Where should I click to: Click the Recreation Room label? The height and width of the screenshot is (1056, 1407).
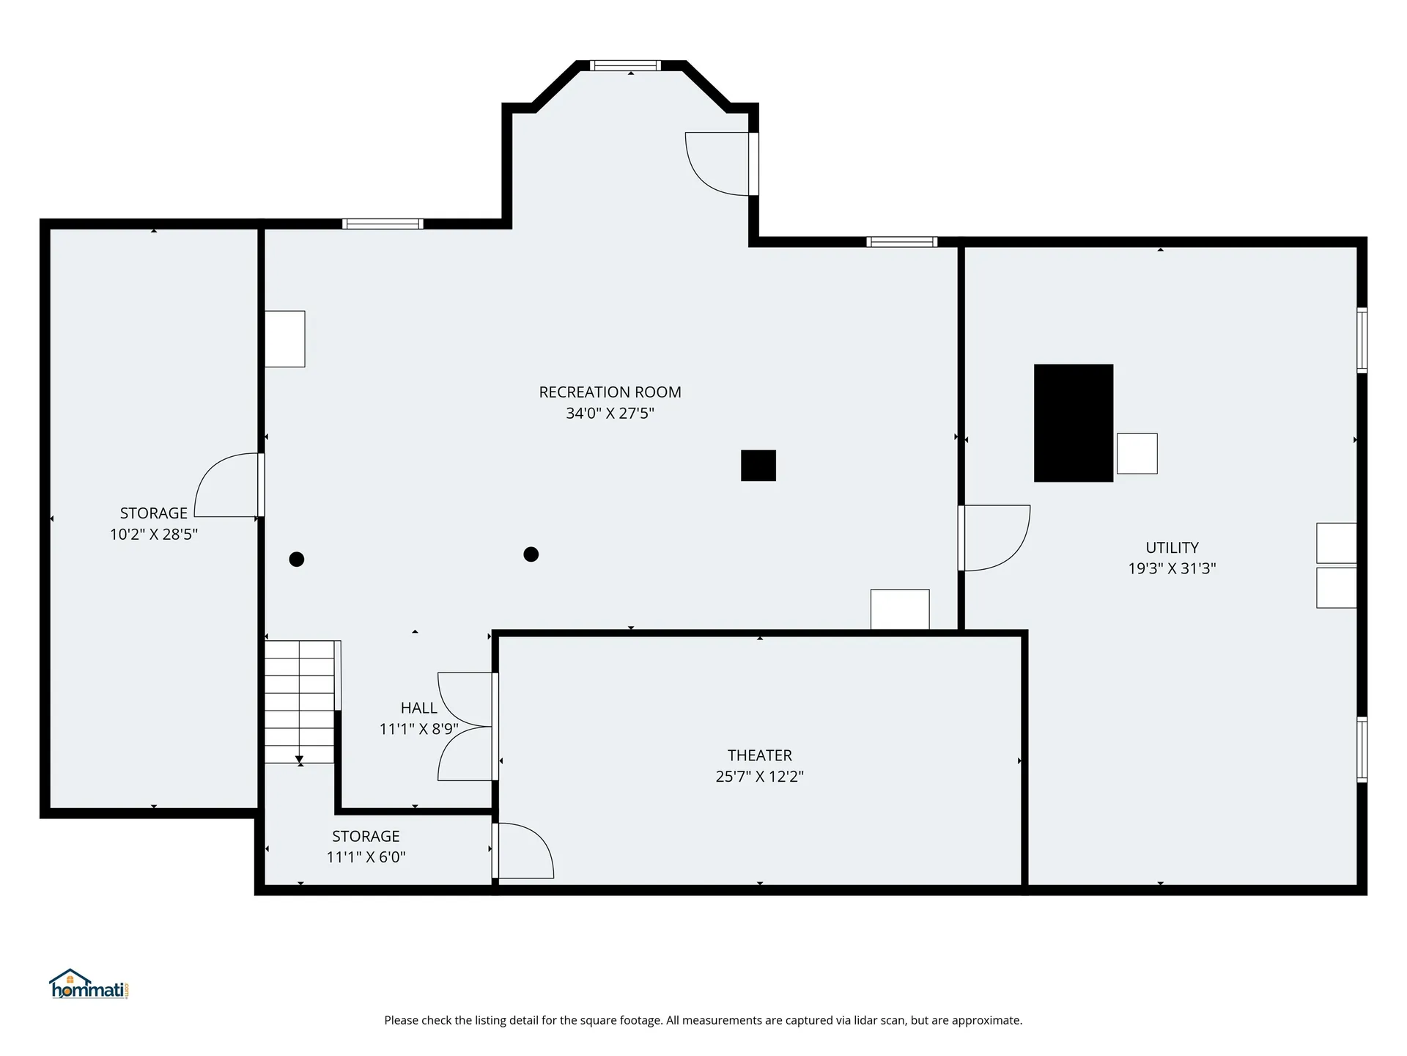tap(610, 392)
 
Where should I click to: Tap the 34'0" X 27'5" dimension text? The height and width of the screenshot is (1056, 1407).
tap(610, 414)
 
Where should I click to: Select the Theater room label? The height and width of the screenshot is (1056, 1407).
tap(759, 755)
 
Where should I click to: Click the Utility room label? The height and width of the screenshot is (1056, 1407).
tap(1172, 548)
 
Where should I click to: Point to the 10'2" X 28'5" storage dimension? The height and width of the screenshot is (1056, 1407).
tap(154, 535)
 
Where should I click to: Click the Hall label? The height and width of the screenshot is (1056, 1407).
tap(418, 708)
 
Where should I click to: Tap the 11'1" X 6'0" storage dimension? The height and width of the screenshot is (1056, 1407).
tap(366, 857)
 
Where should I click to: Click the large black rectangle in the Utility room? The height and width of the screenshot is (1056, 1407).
tap(1073, 423)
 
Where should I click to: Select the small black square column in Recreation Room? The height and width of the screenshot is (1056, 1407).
tap(758, 466)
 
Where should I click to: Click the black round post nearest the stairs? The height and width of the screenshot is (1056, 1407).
tap(297, 560)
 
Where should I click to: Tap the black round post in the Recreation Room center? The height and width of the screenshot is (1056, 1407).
tap(531, 554)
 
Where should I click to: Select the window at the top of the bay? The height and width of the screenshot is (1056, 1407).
tap(625, 66)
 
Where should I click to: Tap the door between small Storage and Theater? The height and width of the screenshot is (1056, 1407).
tap(522, 851)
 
